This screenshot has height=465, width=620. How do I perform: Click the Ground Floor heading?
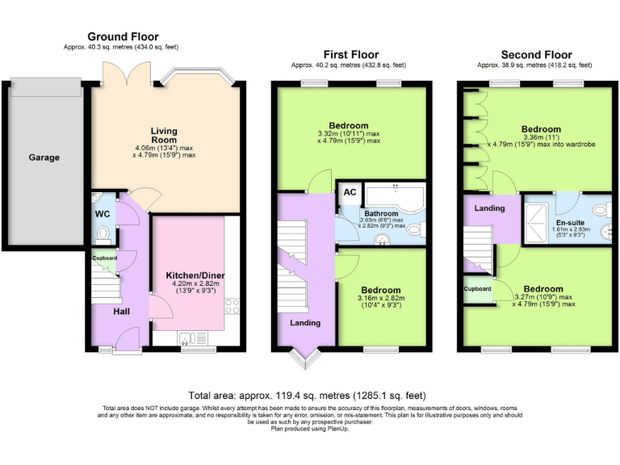123,36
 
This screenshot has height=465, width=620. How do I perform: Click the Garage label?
44,157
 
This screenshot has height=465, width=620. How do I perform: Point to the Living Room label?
164,135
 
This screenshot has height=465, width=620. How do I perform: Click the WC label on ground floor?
102,214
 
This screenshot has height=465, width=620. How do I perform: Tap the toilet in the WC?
103,234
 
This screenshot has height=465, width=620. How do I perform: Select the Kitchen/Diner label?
189,275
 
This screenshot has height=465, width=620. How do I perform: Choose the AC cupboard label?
350,192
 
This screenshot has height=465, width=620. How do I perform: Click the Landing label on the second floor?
489,208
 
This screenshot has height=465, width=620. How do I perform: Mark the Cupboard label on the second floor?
477,288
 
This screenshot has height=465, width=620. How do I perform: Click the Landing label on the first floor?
305,323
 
